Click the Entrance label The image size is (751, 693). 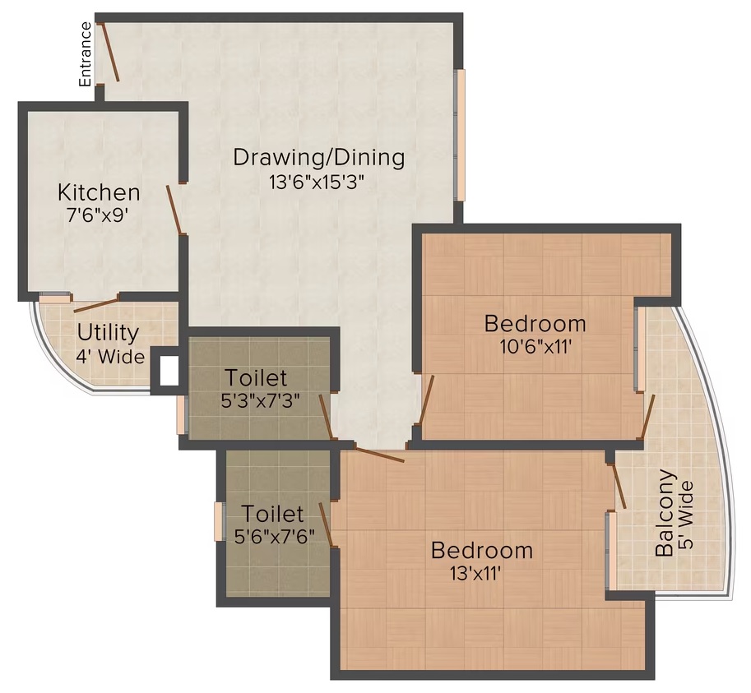(86, 54)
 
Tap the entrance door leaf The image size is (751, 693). (109, 52)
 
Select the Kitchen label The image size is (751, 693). (99, 192)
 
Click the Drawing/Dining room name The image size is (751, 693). (318, 158)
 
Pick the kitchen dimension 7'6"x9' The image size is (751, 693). (98, 216)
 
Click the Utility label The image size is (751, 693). (108, 333)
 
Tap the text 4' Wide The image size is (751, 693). (111, 357)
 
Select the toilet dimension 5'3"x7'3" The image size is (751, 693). (261, 400)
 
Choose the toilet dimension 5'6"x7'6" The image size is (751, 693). (275, 536)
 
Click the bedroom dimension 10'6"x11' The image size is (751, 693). (536, 346)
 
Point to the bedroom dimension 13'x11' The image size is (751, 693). (475, 573)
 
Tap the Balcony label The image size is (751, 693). (665, 513)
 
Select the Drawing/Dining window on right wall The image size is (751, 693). (461, 135)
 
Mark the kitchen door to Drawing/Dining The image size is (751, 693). (174, 210)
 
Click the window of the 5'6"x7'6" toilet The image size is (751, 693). (219, 522)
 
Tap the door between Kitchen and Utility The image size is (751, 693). (95, 305)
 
